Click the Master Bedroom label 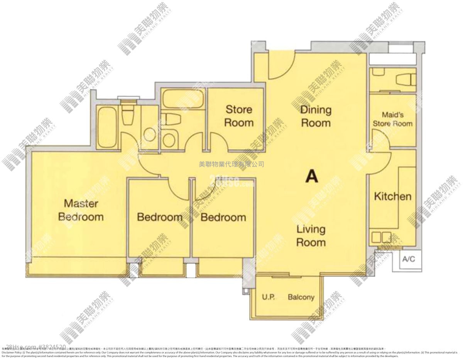coord(81,210)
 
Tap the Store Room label coord(239,116)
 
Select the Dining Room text coord(316,116)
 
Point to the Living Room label coord(311,236)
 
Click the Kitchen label coord(392,196)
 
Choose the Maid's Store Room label coord(392,119)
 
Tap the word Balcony coord(301,297)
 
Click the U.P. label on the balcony coord(268,297)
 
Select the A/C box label coord(408,259)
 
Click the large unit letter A coord(311,176)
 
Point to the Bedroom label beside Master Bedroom coord(160,217)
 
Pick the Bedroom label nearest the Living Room coord(223,217)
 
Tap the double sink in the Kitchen coord(381,236)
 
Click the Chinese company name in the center coord(231,164)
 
